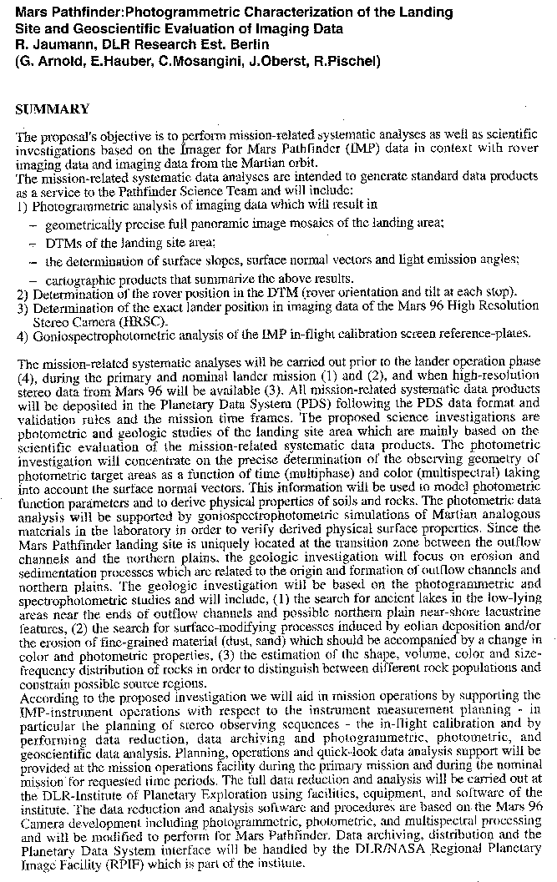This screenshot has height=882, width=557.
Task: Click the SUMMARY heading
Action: [52, 109]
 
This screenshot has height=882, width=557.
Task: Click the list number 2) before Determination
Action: [22, 292]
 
